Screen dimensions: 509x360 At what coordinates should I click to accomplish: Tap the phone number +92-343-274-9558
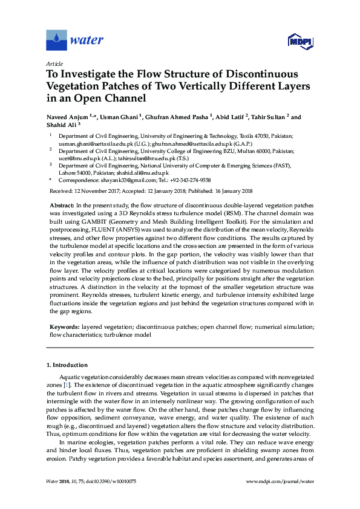pyautogui.click(x=190, y=180)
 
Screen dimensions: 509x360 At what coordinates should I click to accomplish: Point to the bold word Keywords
pyautogui.click(x=64, y=326)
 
